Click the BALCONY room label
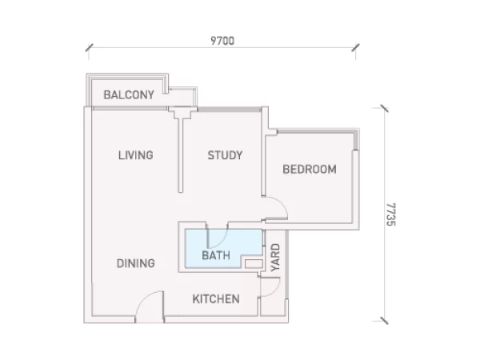click(x=129, y=95)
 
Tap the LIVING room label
click(x=136, y=155)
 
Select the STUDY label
click(x=225, y=155)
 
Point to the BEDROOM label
click(x=310, y=170)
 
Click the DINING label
click(x=136, y=263)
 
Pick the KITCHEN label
click(x=216, y=299)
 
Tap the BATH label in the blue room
click(x=216, y=255)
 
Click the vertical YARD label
click(x=275, y=258)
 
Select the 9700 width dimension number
click(x=222, y=41)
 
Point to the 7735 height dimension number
click(x=391, y=214)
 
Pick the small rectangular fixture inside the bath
click(x=254, y=264)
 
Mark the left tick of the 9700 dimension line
click(x=89, y=47)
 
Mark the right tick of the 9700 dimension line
click(x=355, y=47)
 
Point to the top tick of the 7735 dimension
click(x=385, y=108)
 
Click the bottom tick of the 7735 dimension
click(x=385, y=321)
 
